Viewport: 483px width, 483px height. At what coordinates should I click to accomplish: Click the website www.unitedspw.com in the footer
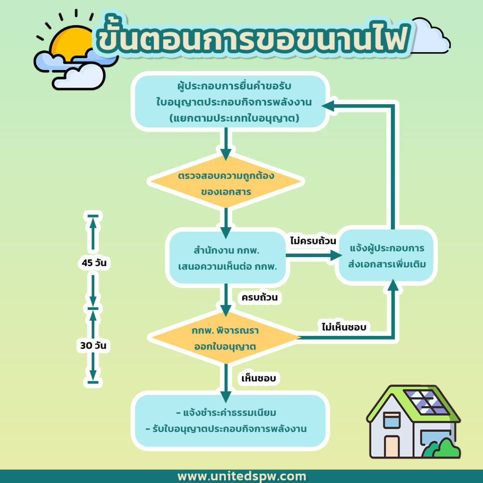click(241, 476)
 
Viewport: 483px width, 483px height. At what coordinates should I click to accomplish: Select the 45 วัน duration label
click(94, 263)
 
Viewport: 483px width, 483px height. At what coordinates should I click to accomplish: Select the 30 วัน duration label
click(93, 345)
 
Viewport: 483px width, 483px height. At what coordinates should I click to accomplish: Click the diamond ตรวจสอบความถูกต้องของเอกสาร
click(226, 183)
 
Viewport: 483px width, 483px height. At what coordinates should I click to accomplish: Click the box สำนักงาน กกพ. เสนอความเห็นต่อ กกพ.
click(227, 258)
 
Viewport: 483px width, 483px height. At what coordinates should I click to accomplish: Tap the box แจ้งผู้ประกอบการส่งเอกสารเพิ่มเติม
click(387, 256)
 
